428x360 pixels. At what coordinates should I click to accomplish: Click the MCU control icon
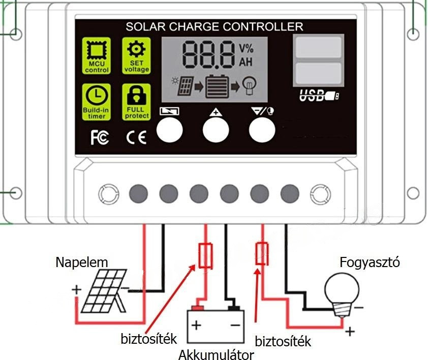point(97,54)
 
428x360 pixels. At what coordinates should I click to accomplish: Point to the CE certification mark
point(136,138)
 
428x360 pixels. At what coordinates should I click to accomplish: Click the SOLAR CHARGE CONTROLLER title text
point(214,26)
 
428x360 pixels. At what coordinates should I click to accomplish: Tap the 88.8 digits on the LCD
point(208,55)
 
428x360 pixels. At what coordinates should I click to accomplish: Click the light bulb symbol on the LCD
point(249,84)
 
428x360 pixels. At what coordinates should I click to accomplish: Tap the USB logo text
point(318,95)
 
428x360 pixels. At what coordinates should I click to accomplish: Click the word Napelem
point(82,263)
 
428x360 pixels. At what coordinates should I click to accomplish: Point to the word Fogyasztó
point(370,263)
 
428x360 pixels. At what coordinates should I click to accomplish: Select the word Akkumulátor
point(216,354)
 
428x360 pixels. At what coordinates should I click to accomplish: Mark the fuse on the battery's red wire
point(206,255)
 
